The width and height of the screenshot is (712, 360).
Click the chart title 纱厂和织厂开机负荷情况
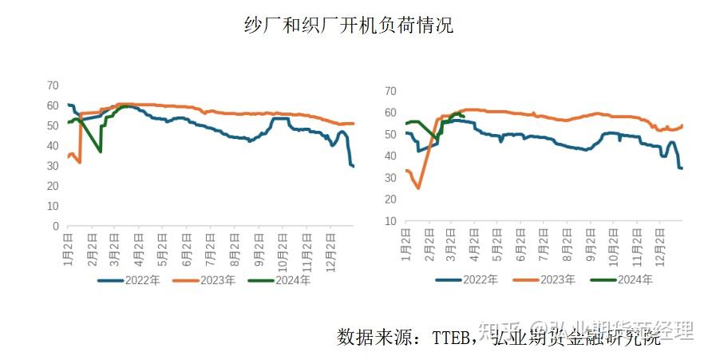pos(348,25)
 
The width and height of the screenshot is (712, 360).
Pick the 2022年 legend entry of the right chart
pos(467,279)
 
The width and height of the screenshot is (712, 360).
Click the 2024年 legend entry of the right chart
pos(620,279)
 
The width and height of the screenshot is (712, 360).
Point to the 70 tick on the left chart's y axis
pos(53,85)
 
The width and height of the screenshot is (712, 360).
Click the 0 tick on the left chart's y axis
pos(56,227)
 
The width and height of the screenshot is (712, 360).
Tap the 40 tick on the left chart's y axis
pos(53,146)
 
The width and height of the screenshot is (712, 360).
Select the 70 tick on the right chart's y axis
pos(390,91)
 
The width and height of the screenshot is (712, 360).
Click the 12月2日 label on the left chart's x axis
pos(331,249)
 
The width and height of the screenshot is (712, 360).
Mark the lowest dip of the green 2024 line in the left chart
pos(101,152)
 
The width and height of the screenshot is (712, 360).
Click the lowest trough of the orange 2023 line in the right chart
pos(418,188)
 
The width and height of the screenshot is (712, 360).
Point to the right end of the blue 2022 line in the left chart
pos(354,166)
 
